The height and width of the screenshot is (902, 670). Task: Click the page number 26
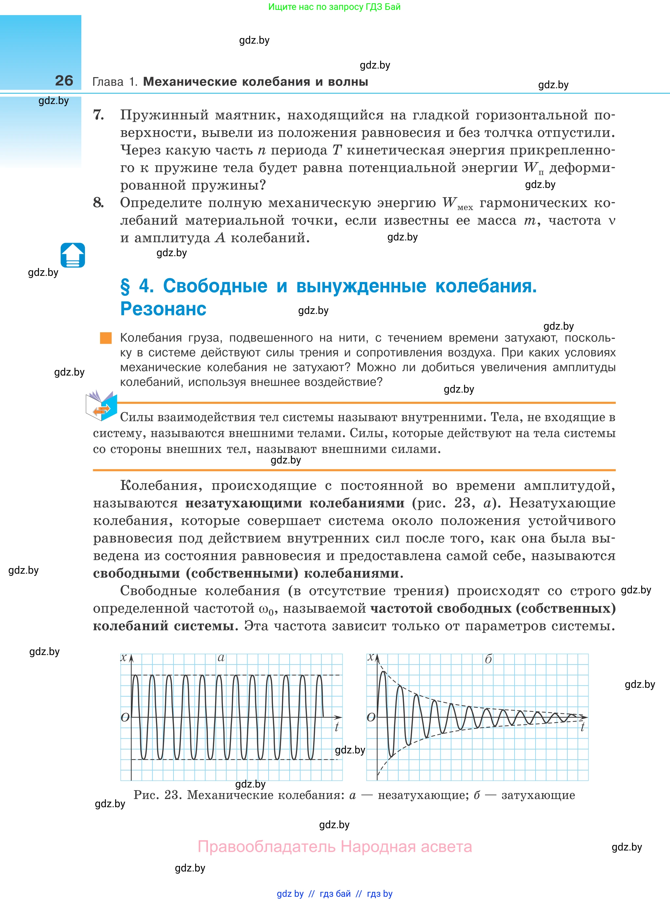tap(64, 80)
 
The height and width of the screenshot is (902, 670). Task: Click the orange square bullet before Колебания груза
tap(106, 338)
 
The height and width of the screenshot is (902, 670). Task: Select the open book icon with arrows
tap(101, 406)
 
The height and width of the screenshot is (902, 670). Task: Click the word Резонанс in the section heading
tap(163, 309)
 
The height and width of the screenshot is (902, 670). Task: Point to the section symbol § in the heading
tap(125, 286)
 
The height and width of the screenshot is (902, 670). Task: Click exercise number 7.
tap(99, 115)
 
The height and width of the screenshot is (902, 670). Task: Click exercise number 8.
tap(99, 202)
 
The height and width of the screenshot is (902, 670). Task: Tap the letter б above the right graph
tap(488, 659)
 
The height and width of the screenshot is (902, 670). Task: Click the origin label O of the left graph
tap(125, 717)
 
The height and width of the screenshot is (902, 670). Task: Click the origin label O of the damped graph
tap(371, 717)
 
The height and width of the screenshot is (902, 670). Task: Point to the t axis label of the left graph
tap(336, 727)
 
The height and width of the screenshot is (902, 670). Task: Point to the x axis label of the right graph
tap(370, 657)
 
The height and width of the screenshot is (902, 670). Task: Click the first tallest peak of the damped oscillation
tap(382, 673)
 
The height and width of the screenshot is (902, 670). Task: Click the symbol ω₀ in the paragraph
tap(266, 609)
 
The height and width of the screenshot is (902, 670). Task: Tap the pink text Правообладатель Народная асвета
tap(335, 847)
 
